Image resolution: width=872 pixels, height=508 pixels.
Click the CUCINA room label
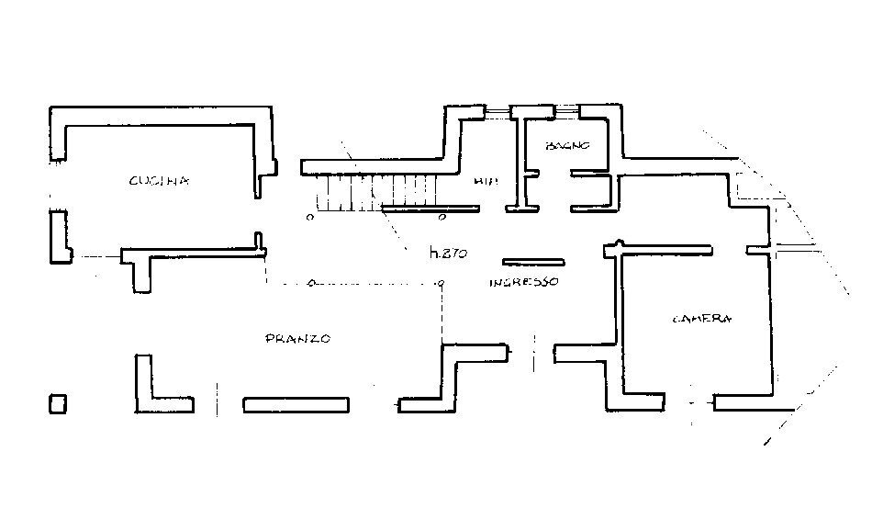pos(159,181)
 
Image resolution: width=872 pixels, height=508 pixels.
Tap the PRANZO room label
pos(297,339)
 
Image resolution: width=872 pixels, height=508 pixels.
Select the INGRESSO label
pos(523,282)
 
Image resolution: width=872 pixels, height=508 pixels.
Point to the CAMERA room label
pos(702,319)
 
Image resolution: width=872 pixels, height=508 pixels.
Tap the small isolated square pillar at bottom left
pos(58,404)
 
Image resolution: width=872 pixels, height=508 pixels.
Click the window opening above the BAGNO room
pos(566,111)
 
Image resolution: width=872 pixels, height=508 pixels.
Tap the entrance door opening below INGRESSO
pos(531,352)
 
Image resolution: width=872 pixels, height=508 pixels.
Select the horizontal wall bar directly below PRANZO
pos(296,403)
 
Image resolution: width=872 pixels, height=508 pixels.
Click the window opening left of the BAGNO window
pos(497,112)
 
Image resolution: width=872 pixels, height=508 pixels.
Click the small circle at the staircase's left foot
pos(310,219)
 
